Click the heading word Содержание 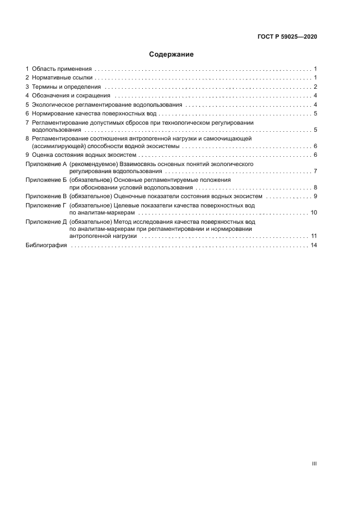point(172,54)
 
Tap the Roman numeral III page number point(314,464)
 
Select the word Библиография point(46,246)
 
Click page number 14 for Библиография point(314,246)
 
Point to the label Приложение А point(46,164)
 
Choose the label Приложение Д point(46,222)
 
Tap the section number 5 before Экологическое point(27,104)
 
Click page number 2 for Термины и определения point(315,87)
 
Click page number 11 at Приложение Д point(314,236)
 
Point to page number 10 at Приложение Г point(314,212)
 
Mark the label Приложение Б point(46,180)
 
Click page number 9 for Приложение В point(315,196)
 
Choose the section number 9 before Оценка point(27,155)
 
